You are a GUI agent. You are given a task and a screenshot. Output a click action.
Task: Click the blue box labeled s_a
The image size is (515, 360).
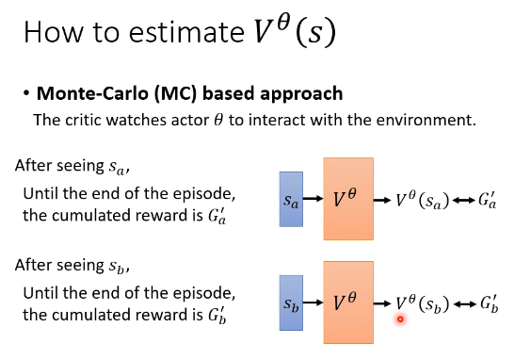pos(291,199)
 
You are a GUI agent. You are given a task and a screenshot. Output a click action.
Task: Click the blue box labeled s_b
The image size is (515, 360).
pos(291,303)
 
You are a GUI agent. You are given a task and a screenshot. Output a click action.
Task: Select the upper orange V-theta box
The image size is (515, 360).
pos(348,199)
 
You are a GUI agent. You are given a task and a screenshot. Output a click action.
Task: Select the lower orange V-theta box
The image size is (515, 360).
pos(348,303)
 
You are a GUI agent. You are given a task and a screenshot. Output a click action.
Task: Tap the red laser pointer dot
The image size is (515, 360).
pos(400,319)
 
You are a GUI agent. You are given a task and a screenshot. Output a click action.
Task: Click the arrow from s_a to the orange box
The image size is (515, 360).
pos(313,198)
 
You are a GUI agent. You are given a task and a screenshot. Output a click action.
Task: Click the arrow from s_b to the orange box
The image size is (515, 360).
pos(313,303)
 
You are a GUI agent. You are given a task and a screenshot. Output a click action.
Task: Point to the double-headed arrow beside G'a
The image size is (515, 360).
pos(463,200)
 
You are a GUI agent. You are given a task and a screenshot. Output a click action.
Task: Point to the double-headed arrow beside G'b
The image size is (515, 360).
pos(465,304)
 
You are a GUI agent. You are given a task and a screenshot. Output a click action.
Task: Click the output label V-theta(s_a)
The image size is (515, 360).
pos(423,200)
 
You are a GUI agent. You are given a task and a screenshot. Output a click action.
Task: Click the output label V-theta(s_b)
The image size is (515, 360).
pos(423,303)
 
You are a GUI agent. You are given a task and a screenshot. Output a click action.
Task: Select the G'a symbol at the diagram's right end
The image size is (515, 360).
pos(487,200)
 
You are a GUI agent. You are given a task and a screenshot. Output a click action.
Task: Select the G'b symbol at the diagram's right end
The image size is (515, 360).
pos(490,303)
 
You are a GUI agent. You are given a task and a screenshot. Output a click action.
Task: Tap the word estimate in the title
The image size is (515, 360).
pos(186,33)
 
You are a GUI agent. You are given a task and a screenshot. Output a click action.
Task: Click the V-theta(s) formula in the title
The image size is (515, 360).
pos(295,31)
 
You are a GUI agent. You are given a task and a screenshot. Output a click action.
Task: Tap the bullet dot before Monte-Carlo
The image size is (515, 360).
pos(26,93)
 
